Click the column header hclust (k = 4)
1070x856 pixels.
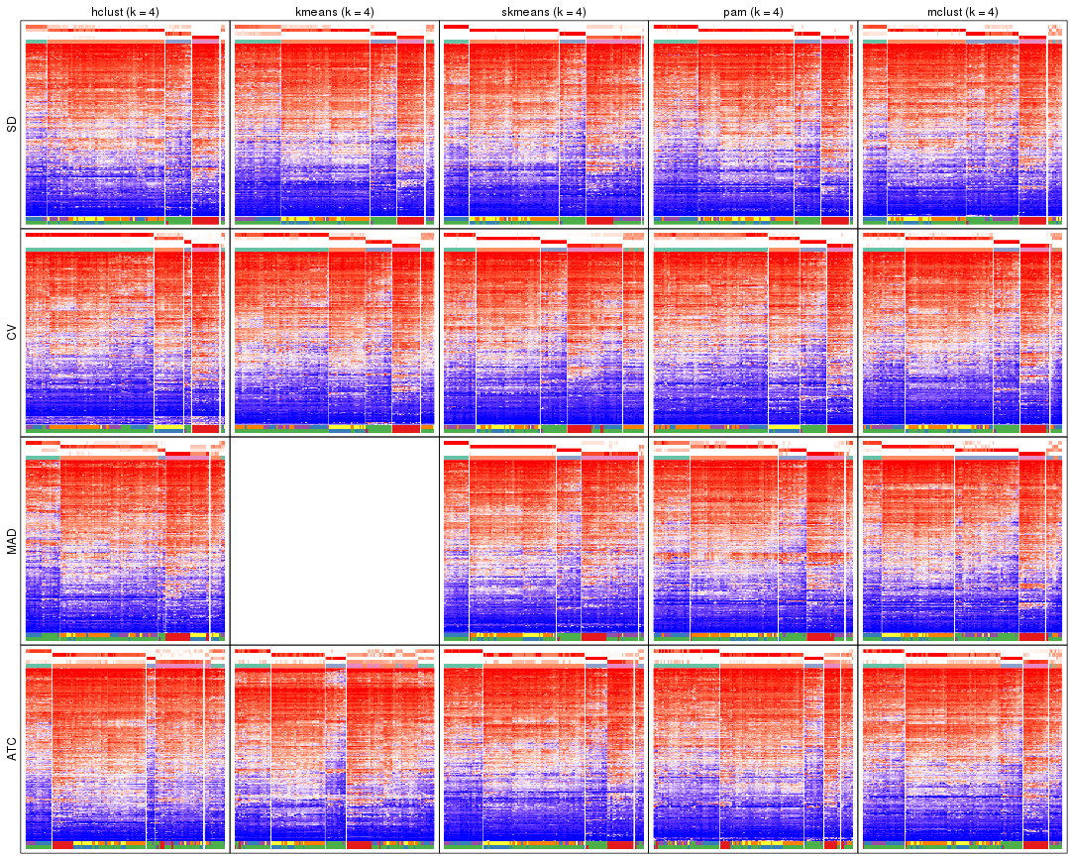[125, 12]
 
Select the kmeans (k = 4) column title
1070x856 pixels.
[335, 12]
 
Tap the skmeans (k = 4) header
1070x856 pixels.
[544, 12]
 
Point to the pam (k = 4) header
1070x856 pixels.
[753, 12]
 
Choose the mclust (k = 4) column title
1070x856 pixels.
[962, 12]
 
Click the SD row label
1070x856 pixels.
[12, 125]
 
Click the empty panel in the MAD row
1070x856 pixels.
[335, 541]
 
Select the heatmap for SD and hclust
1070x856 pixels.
[125, 125]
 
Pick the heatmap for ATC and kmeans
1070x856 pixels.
[335, 750]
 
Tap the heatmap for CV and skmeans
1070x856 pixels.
[544, 333]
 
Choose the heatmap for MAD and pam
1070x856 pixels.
[753, 541]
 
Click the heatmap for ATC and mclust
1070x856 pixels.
[962, 750]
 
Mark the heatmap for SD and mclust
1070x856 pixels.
[962, 125]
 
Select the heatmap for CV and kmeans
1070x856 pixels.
[335, 333]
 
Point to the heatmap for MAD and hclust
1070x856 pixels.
[125, 541]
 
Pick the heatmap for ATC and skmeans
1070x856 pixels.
[544, 750]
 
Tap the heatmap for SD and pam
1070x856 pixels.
[753, 125]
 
